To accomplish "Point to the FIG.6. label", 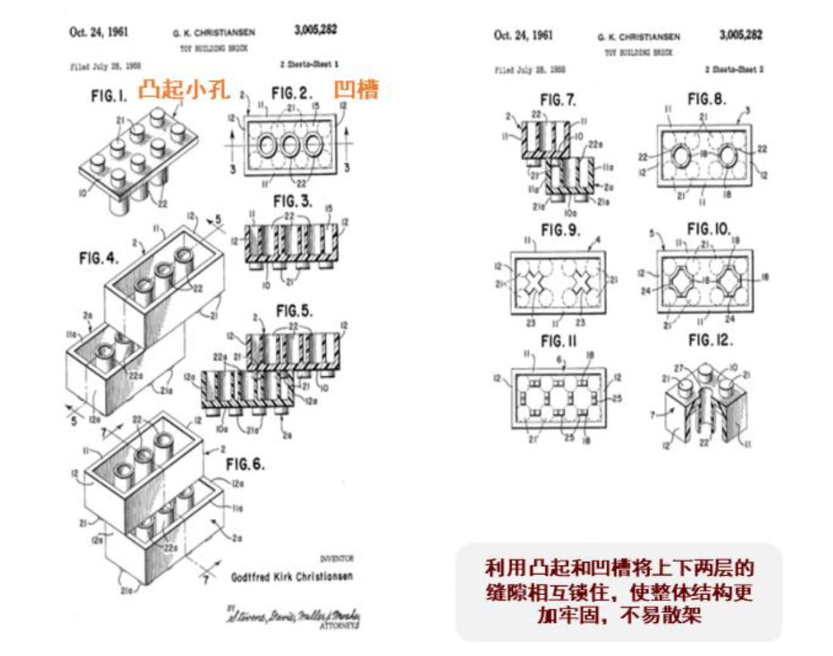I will pyautogui.click(x=245, y=464).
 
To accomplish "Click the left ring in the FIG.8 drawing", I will pyautogui.click(x=682, y=158).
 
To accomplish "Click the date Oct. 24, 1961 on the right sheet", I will pyautogui.click(x=523, y=35).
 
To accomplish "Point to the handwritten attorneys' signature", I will pyautogui.click(x=295, y=617).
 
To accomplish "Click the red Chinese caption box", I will pyautogui.click(x=618, y=591).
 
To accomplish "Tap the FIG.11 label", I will pyautogui.click(x=562, y=340).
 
